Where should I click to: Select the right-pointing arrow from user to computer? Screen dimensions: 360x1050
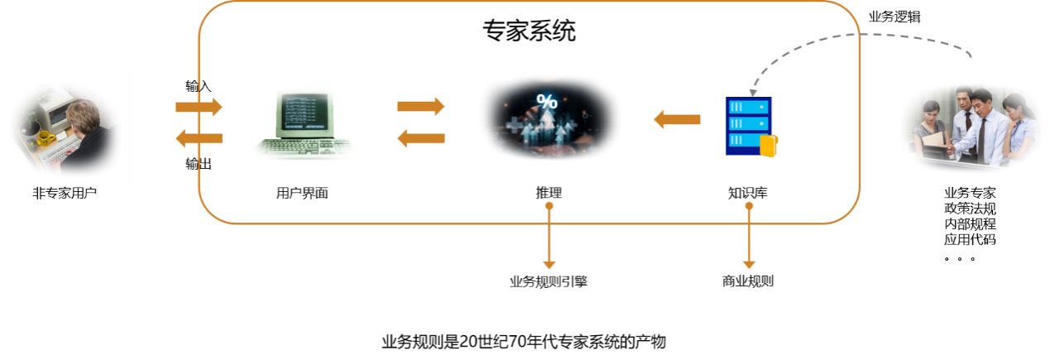pos(199,107)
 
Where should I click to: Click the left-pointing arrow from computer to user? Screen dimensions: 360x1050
pos(199,139)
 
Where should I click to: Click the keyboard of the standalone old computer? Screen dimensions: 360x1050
pos(302,150)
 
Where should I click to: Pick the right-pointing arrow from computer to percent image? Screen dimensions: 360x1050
pos(420,106)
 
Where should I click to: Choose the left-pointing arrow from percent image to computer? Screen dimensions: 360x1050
pos(420,138)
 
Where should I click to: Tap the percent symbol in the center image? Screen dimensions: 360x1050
pos(547,102)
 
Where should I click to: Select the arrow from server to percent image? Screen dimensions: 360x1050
pos(677,119)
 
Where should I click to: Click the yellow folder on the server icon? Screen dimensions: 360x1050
pos(769,146)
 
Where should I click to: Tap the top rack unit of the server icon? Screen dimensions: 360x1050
pos(748,106)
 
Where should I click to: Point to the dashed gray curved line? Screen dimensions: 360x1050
pos(861,35)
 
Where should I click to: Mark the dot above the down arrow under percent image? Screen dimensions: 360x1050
pos(549,204)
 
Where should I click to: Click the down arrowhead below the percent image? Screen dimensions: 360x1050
pos(549,264)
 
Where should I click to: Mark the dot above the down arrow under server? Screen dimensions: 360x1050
pos(750,204)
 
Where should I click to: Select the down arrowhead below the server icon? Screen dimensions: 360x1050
pos(750,264)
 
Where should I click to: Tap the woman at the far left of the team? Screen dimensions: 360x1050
pos(931,128)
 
